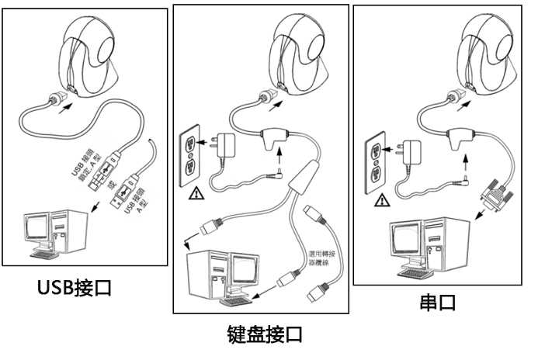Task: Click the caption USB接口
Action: tap(75, 288)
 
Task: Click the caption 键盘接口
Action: tap(264, 335)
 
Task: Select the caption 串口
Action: tap(438, 302)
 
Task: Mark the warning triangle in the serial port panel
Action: tap(381, 201)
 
